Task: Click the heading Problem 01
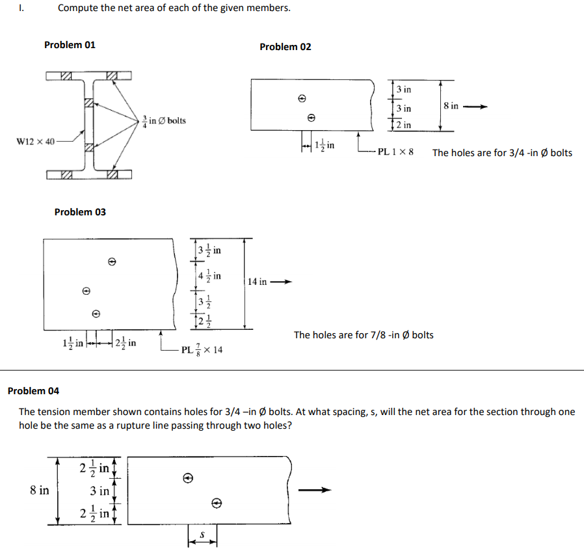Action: click(70, 45)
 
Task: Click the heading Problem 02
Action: click(285, 47)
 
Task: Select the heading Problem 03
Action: click(80, 212)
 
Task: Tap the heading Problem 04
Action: click(33, 391)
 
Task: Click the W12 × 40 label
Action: click(36, 141)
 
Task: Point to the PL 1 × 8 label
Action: click(395, 153)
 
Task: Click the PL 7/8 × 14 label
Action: click(202, 350)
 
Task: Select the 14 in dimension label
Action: click(258, 282)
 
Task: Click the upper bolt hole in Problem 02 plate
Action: click(302, 99)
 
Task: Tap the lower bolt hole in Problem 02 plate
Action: click(312, 118)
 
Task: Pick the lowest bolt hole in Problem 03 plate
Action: click(96, 313)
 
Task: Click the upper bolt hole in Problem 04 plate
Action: click(187, 478)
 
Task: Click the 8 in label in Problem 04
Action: click(39, 491)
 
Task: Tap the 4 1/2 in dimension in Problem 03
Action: click(209, 276)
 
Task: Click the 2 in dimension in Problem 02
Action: click(403, 125)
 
